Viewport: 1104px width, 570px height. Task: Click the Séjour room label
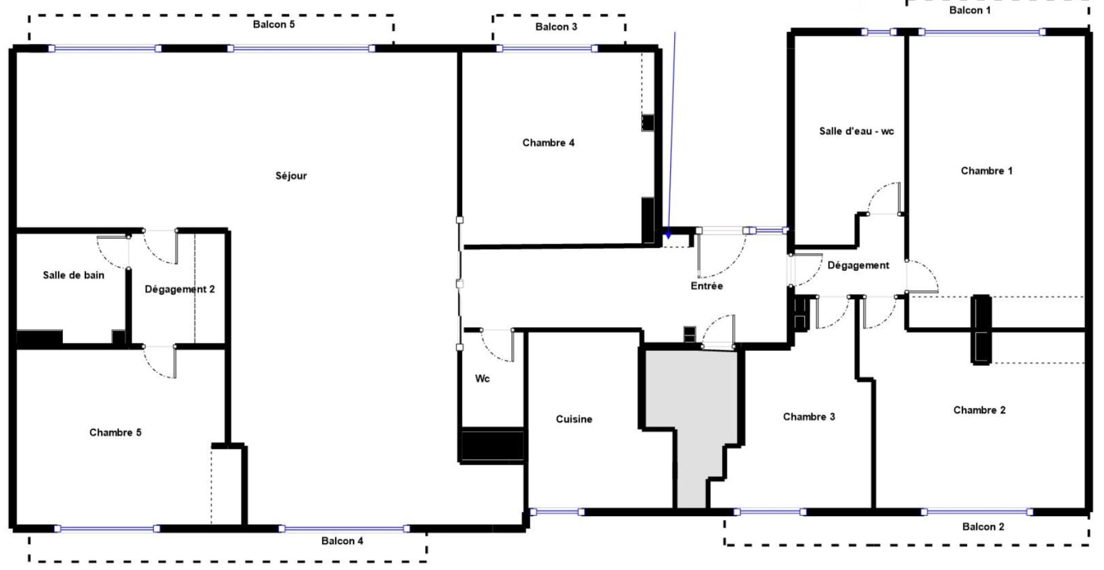pyautogui.click(x=291, y=176)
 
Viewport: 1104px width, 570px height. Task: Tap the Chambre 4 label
pyautogui.click(x=548, y=142)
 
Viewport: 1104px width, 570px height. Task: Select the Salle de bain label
pyautogui.click(x=73, y=275)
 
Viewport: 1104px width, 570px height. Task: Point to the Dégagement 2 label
pyautogui.click(x=179, y=289)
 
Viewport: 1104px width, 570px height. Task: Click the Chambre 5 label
pyautogui.click(x=115, y=432)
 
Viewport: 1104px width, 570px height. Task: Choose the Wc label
pyautogui.click(x=482, y=378)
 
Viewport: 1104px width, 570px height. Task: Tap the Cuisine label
pyautogui.click(x=574, y=419)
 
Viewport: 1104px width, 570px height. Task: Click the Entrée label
pyautogui.click(x=707, y=286)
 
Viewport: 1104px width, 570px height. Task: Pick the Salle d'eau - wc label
pyautogui.click(x=856, y=131)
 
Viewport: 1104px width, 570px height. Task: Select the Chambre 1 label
pyautogui.click(x=986, y=170)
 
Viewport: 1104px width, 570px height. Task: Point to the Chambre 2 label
pyautogui.click(x=979, y=410)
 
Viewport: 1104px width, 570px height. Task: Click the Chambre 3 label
pyautogui.click(x=808, y=417)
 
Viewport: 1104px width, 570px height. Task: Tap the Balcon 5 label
pyautogui.click(x=273, y=24)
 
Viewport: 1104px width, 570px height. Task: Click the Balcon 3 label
pyautogui.click(x=556, y=27)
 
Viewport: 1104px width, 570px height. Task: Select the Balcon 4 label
pyautogui.click(x=342, y=541)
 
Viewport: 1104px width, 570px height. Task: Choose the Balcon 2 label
pyautogui.click(x=983, y=527)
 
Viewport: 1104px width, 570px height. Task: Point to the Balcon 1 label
pyautogui.click(x=969, y=10)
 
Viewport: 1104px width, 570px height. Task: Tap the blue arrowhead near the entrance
pyautogui.click(x=668, y=235)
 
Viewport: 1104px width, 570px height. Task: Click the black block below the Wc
pyautogui.click(x=492, y=445)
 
